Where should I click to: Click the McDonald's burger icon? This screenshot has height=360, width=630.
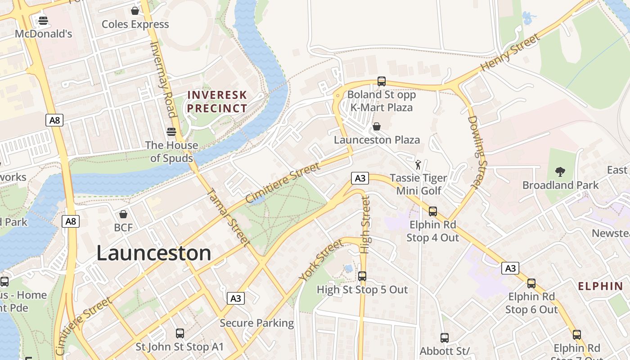click(43, 20)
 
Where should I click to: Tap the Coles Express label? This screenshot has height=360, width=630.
click(135, 24)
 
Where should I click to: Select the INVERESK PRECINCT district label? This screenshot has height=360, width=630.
click(217, 102)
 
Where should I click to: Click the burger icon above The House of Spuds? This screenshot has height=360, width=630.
click(171, 131)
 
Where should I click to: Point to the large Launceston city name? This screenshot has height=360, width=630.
click(153, 253)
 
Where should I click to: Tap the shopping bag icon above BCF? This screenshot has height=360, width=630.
click(123, 214)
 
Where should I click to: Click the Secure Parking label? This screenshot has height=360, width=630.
click(256, 323)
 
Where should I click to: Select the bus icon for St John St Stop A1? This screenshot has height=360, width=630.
click(180, 333)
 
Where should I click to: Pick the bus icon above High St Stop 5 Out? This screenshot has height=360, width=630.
click(362, 276)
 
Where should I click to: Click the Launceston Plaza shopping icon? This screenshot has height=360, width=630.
click(377, 126)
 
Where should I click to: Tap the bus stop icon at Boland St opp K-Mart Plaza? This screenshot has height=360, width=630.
click(382, 81)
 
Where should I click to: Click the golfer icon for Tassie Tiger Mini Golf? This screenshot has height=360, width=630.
click(418, 165)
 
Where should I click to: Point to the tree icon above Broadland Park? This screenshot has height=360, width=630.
click(560, 171)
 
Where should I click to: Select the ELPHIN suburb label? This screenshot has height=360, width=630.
click(600, 286)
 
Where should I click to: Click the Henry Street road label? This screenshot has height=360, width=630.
click(510, 53)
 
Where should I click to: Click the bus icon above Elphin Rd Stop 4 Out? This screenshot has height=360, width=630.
click(433, 211)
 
